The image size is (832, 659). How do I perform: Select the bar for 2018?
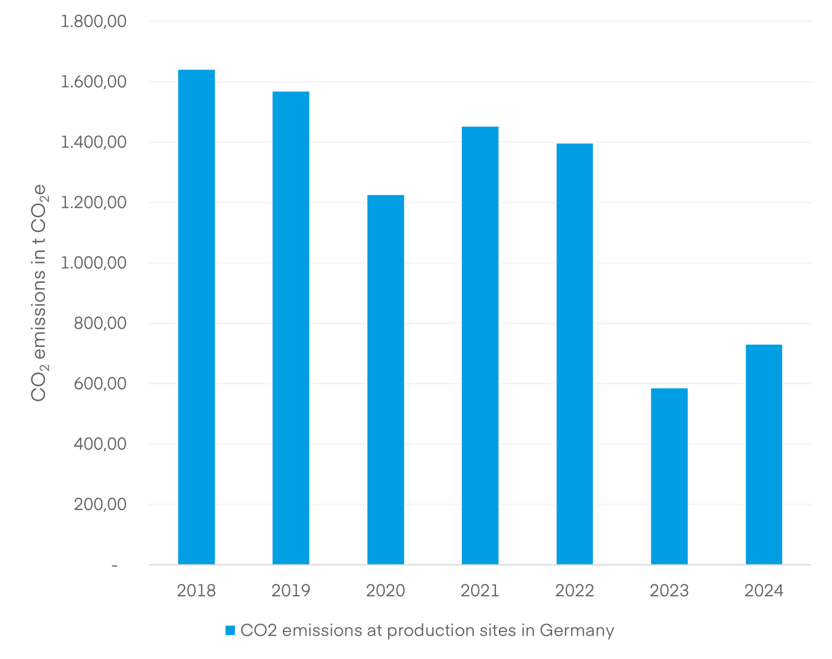tap(196, 317)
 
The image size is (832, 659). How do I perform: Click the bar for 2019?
tap(291, 328)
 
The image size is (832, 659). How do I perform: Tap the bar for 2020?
tap(385, 380)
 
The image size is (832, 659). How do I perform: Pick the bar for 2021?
tap(480, 345)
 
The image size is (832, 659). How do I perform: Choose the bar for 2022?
tap(575, 354)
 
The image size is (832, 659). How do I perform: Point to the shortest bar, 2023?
tap(669, 476)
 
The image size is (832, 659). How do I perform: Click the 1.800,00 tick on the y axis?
tap(94, 21)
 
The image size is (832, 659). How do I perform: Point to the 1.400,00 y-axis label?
tap(94, 142)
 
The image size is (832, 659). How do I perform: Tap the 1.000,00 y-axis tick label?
tap(94, 263)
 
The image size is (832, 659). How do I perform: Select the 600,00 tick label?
tap(100, 383)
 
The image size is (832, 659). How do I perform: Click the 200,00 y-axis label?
tap(100, 504)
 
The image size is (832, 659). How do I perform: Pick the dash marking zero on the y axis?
tap(114, 565)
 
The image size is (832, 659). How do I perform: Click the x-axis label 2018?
tap(196, 590)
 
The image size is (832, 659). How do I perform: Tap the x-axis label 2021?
tap(480, 590)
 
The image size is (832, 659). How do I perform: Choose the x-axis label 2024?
tap(763, 590)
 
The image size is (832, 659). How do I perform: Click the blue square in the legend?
tap(230, 630)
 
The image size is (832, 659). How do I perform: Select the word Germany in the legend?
tap(577, 630)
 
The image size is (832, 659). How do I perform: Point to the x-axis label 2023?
tap(669, 590)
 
